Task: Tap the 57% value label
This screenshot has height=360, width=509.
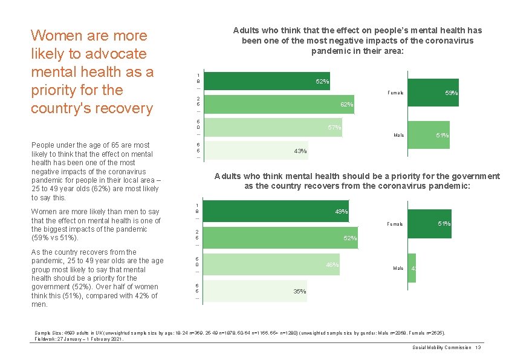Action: coord(334,127)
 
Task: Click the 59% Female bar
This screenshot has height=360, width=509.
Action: coord(433,93)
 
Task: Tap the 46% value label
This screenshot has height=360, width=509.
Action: coord(332,265)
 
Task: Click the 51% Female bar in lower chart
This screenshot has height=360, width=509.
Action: coord(429,224)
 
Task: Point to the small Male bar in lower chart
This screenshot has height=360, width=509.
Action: coord(412,268)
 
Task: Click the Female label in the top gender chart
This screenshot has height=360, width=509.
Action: coord(395,93)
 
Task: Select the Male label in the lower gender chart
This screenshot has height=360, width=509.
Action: coord(398,268)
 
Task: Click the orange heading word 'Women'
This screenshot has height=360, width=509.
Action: coord(59,36)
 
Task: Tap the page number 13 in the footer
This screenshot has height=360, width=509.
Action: coord(478,347)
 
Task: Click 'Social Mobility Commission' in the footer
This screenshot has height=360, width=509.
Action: coord(441,347)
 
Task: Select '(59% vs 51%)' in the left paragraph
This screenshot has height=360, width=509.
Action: coord(56,238)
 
